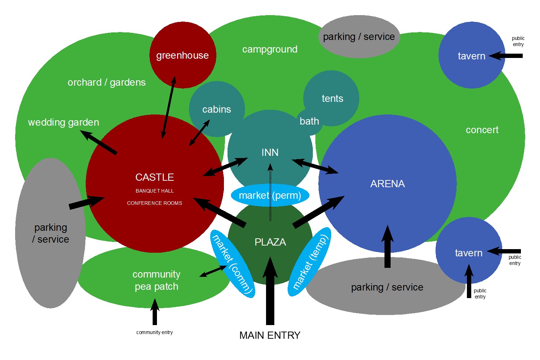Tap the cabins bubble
point(217,109)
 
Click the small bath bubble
point(309,121)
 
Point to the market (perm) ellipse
point(270,195)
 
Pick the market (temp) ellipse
point(310,262)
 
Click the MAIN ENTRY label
point(270,335)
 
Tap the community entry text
point(154,332)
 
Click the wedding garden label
point(63,122)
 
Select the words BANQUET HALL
point(154,191)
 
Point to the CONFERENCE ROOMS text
point(154,203)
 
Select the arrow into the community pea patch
point(155,312)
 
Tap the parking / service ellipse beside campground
point(359,37)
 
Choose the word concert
point(482,130)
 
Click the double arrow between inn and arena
point(315,166)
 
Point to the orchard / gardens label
point(107,82)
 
